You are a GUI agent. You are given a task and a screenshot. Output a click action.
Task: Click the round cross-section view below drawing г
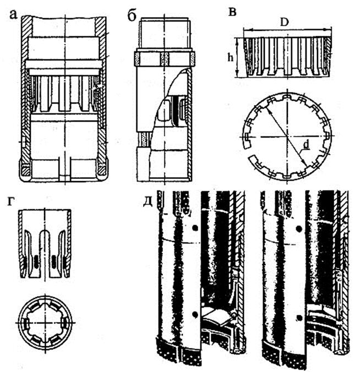pyautogui.click(x=45, y=320)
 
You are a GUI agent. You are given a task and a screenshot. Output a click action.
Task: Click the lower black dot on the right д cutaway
pyautogui.click(x=298, y=317)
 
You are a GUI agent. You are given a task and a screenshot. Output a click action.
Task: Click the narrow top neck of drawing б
pyautogui.click(x=165, y=34)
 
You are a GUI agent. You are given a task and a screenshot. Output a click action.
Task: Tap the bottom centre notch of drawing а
pyautogui.click(x=64, y=168)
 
